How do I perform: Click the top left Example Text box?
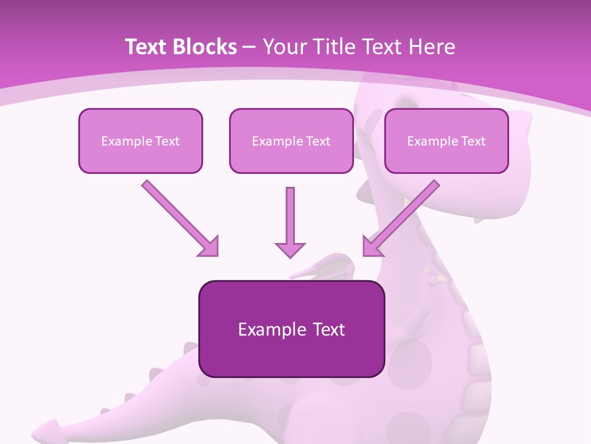click(140, 141)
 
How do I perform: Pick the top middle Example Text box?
click(291, 141)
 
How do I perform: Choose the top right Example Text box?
click(446, 141)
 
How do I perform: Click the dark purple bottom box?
click(291, 329)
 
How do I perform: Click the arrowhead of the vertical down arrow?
click(290, 249)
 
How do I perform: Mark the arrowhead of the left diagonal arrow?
click(209, 247)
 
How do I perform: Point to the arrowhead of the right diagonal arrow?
click(371, 247)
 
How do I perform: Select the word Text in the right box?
click(473, 141)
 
